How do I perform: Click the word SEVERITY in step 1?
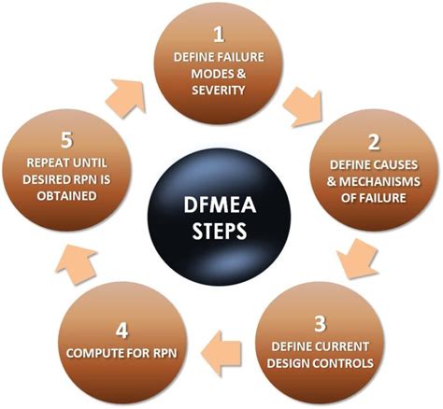click(x=221, y=92)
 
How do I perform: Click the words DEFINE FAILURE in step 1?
click(x=221, y=59)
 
